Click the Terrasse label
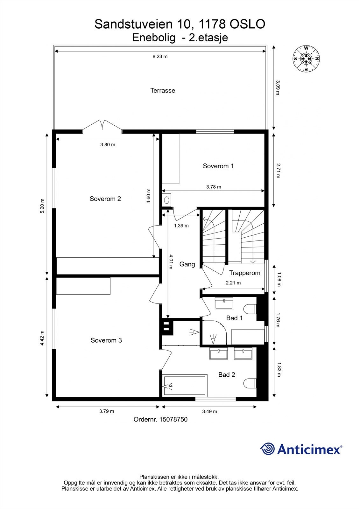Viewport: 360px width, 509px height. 163,90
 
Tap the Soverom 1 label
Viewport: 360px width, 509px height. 218,166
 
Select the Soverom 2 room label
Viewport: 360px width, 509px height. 105,199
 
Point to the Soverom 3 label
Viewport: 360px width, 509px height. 106,340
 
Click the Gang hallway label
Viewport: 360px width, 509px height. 187,264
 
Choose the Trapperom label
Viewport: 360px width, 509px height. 244,273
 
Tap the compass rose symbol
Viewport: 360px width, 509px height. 306,59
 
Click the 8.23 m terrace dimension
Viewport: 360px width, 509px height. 160,57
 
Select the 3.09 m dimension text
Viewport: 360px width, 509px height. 278,87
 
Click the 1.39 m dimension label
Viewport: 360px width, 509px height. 181,226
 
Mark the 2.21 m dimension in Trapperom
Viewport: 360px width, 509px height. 233,282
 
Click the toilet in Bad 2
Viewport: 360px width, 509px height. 250,383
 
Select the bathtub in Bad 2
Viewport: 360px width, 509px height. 185,386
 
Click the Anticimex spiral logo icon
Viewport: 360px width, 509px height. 267,449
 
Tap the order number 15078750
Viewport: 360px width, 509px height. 173,419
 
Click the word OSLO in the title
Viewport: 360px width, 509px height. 247,24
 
